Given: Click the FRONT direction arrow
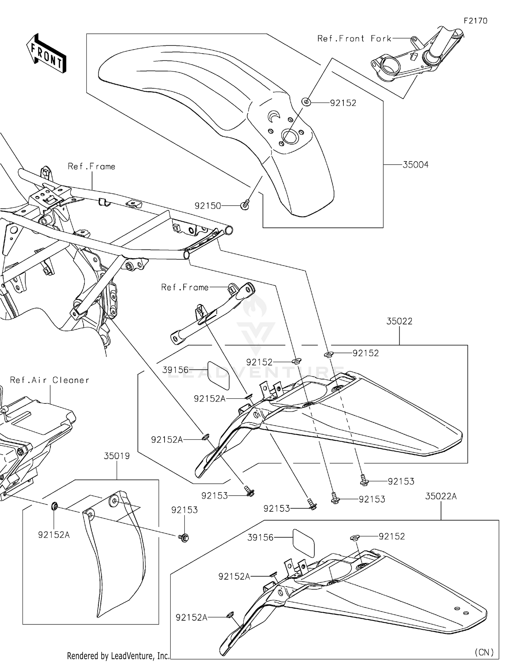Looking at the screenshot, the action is [46, 53].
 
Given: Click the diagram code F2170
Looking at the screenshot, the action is [475, 21].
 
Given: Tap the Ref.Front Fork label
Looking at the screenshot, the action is [354, 39].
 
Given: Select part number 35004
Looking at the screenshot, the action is [415, 165].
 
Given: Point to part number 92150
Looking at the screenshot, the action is [208, 206].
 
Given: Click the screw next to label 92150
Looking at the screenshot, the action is [245, 205].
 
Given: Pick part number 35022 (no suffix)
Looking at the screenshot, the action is [399, 321].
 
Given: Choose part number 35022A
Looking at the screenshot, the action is [441, 496].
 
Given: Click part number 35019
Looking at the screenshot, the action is [117, 456].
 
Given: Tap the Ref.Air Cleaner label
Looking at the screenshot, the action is [49, 380].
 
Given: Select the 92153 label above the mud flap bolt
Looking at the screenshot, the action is [184, 510].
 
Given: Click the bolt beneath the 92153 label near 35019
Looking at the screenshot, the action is [184, 538].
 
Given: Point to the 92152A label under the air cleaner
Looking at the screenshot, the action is [54, 535].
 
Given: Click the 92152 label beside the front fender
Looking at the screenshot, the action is [343, 103].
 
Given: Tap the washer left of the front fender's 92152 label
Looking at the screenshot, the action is [306, 101].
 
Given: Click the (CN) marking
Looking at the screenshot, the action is [484, 652].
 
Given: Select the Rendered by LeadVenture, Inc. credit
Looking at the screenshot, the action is [118, 656].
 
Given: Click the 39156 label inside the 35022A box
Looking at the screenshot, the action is [260, 537].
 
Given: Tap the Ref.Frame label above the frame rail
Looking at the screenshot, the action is [91, 166].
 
